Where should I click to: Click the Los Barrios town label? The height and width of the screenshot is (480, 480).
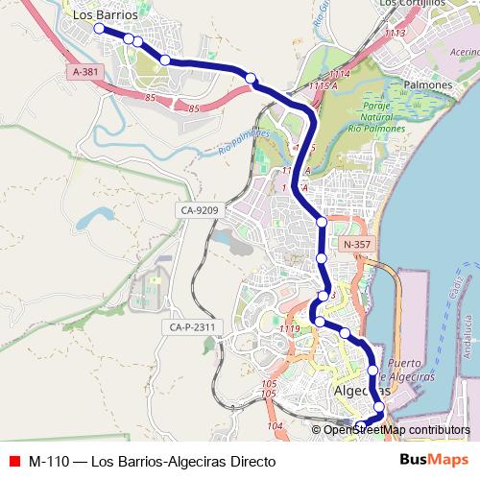(x=105, y=15)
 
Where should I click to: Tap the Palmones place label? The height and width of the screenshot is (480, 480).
(x=427, y=85)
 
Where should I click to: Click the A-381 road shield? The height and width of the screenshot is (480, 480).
(x=85, y=72)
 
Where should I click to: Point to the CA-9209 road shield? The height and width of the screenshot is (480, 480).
(x=199, y=210)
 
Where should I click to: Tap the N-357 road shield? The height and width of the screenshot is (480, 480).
(x=355, y=244)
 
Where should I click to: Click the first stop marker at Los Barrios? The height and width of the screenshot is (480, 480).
(x=98, y=29)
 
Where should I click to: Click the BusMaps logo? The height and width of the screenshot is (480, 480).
(x=427, y=460)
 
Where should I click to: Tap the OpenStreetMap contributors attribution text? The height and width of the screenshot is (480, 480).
(x=396, y=430)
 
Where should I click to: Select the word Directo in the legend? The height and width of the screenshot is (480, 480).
(x=236, y=461)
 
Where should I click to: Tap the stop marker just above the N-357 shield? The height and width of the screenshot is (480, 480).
(x=322, y=223)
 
